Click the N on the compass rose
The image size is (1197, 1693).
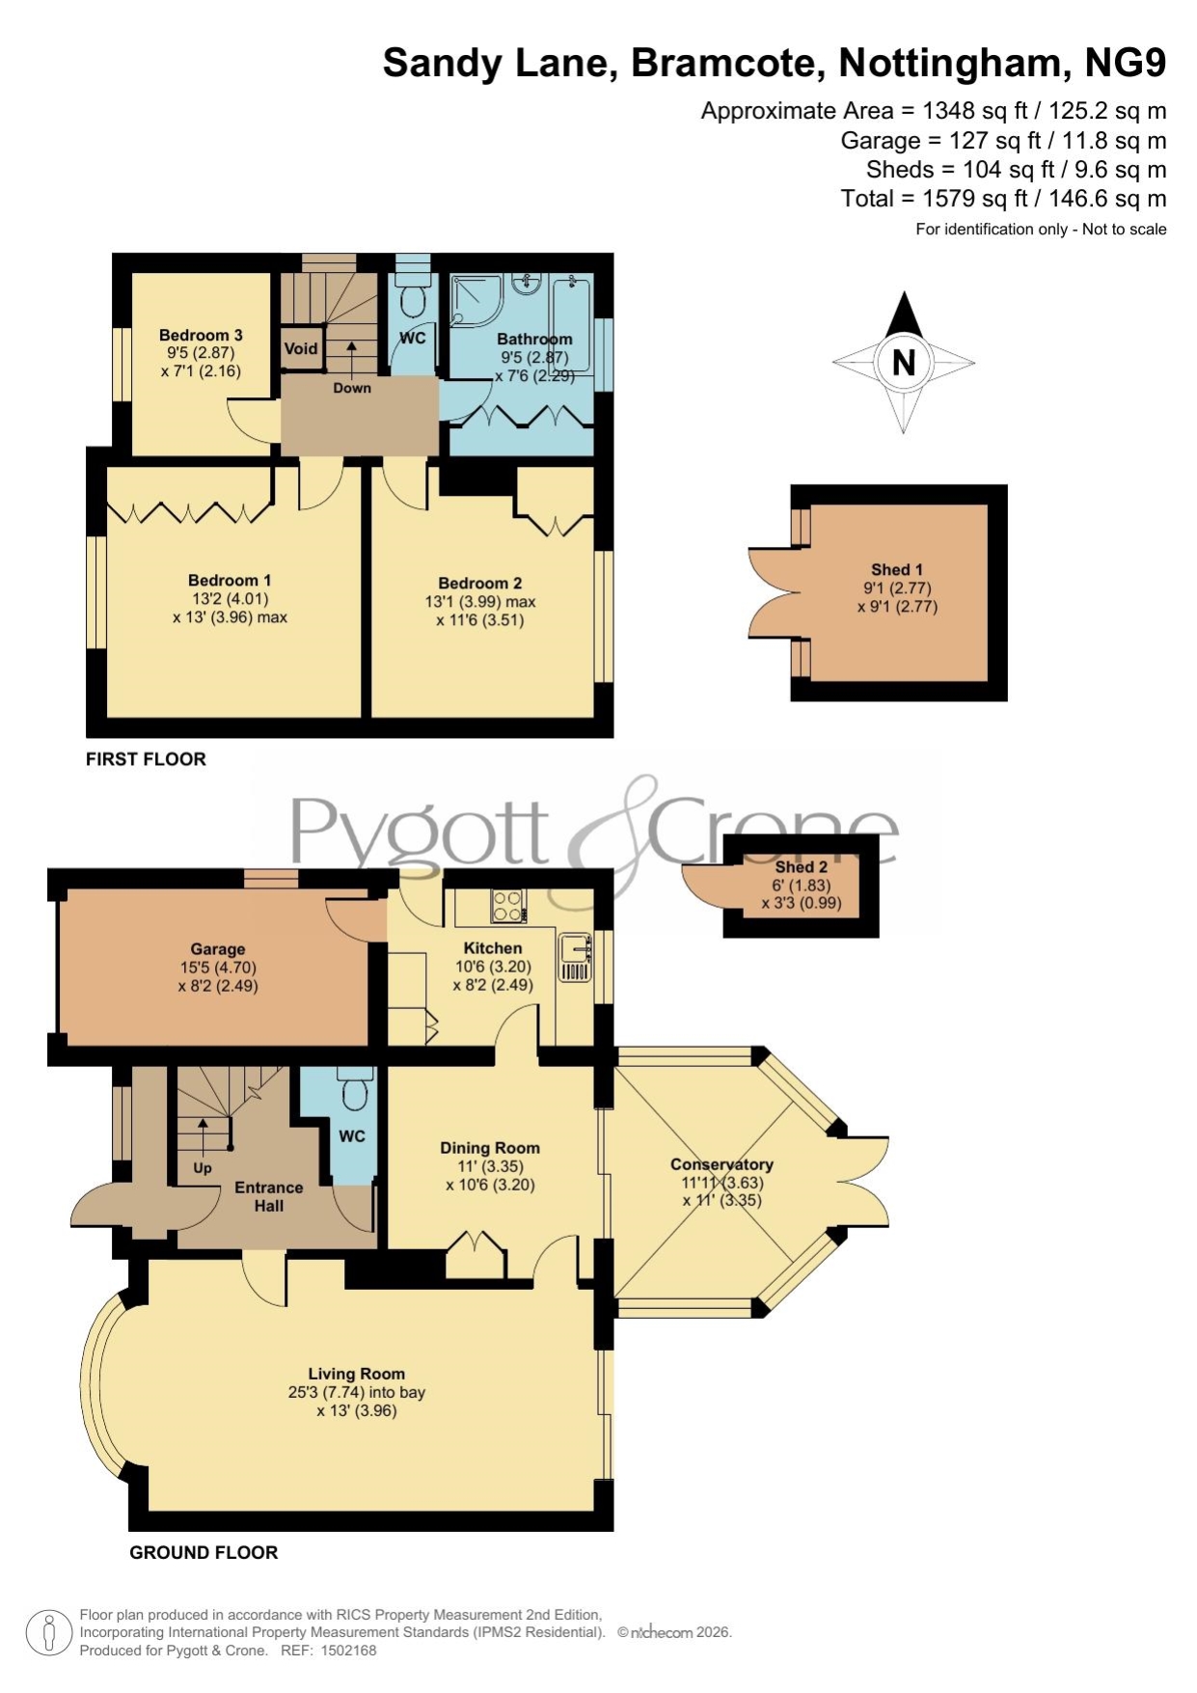coord(904,363)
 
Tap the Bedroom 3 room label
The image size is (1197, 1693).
coord(201,336)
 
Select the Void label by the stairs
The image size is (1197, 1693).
coord(301,349)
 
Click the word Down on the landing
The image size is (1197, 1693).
coord(352,388)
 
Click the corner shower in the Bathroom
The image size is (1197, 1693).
coord(476,300)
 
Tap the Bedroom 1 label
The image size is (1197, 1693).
coord(230,581)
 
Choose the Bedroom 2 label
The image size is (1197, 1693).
coord(480,584)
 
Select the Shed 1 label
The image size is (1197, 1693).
coord(897,570)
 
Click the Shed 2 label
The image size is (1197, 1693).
coord(802,867)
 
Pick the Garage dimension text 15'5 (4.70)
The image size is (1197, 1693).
coord(218,968)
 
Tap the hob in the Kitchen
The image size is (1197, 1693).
coord(508,905)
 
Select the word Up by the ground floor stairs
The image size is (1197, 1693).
coord(203,1168)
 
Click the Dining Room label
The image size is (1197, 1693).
coord(490,1148)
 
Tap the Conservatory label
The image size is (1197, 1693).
coord(721,1164)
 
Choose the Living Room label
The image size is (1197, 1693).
coord(357,1374)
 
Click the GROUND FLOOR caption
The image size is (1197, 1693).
coord(204,1552)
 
